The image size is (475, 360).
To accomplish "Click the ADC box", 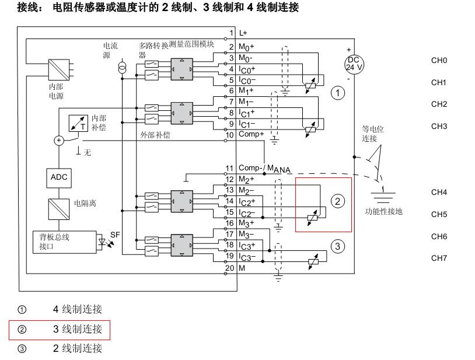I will point(60,177).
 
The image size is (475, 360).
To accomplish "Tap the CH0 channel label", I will point(439,61).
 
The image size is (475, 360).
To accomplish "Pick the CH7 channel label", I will point(439,258).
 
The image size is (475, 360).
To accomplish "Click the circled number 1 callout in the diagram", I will point(337,93).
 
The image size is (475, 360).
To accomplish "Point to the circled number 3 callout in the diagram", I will point(338,246).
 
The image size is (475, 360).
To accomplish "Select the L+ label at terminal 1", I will point(243,33).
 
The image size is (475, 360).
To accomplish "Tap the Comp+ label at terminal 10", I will point(252,134).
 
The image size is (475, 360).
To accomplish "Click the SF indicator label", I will point(115,234).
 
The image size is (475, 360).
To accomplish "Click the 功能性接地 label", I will point(383,211).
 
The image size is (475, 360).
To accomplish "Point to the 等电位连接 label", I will point(369,134).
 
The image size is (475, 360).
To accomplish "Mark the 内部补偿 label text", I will point(99,123).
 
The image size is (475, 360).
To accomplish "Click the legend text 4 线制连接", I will point(78,309).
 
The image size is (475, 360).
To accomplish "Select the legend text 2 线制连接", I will point(78,348).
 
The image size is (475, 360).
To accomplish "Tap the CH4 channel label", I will point(439,192).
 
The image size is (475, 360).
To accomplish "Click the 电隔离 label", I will point(85,204).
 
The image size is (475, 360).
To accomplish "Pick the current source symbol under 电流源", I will point(122,68).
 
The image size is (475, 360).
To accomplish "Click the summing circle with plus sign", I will point(59,140).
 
